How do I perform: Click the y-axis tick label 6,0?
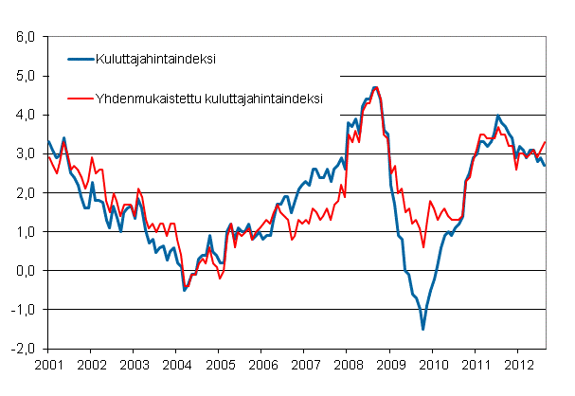(26, 37)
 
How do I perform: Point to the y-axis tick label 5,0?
(26, 76)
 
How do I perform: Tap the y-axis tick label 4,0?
(26, 115)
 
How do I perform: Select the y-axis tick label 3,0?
(26, 153)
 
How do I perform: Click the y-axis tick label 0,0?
(26, 270)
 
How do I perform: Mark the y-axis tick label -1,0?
(24, 309)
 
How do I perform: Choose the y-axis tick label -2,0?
(24, 348)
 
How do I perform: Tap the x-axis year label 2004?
(177, 364)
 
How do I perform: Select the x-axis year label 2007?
(306, 364)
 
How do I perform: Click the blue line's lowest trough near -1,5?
(422, 329)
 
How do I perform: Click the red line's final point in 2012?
(546, 142)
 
